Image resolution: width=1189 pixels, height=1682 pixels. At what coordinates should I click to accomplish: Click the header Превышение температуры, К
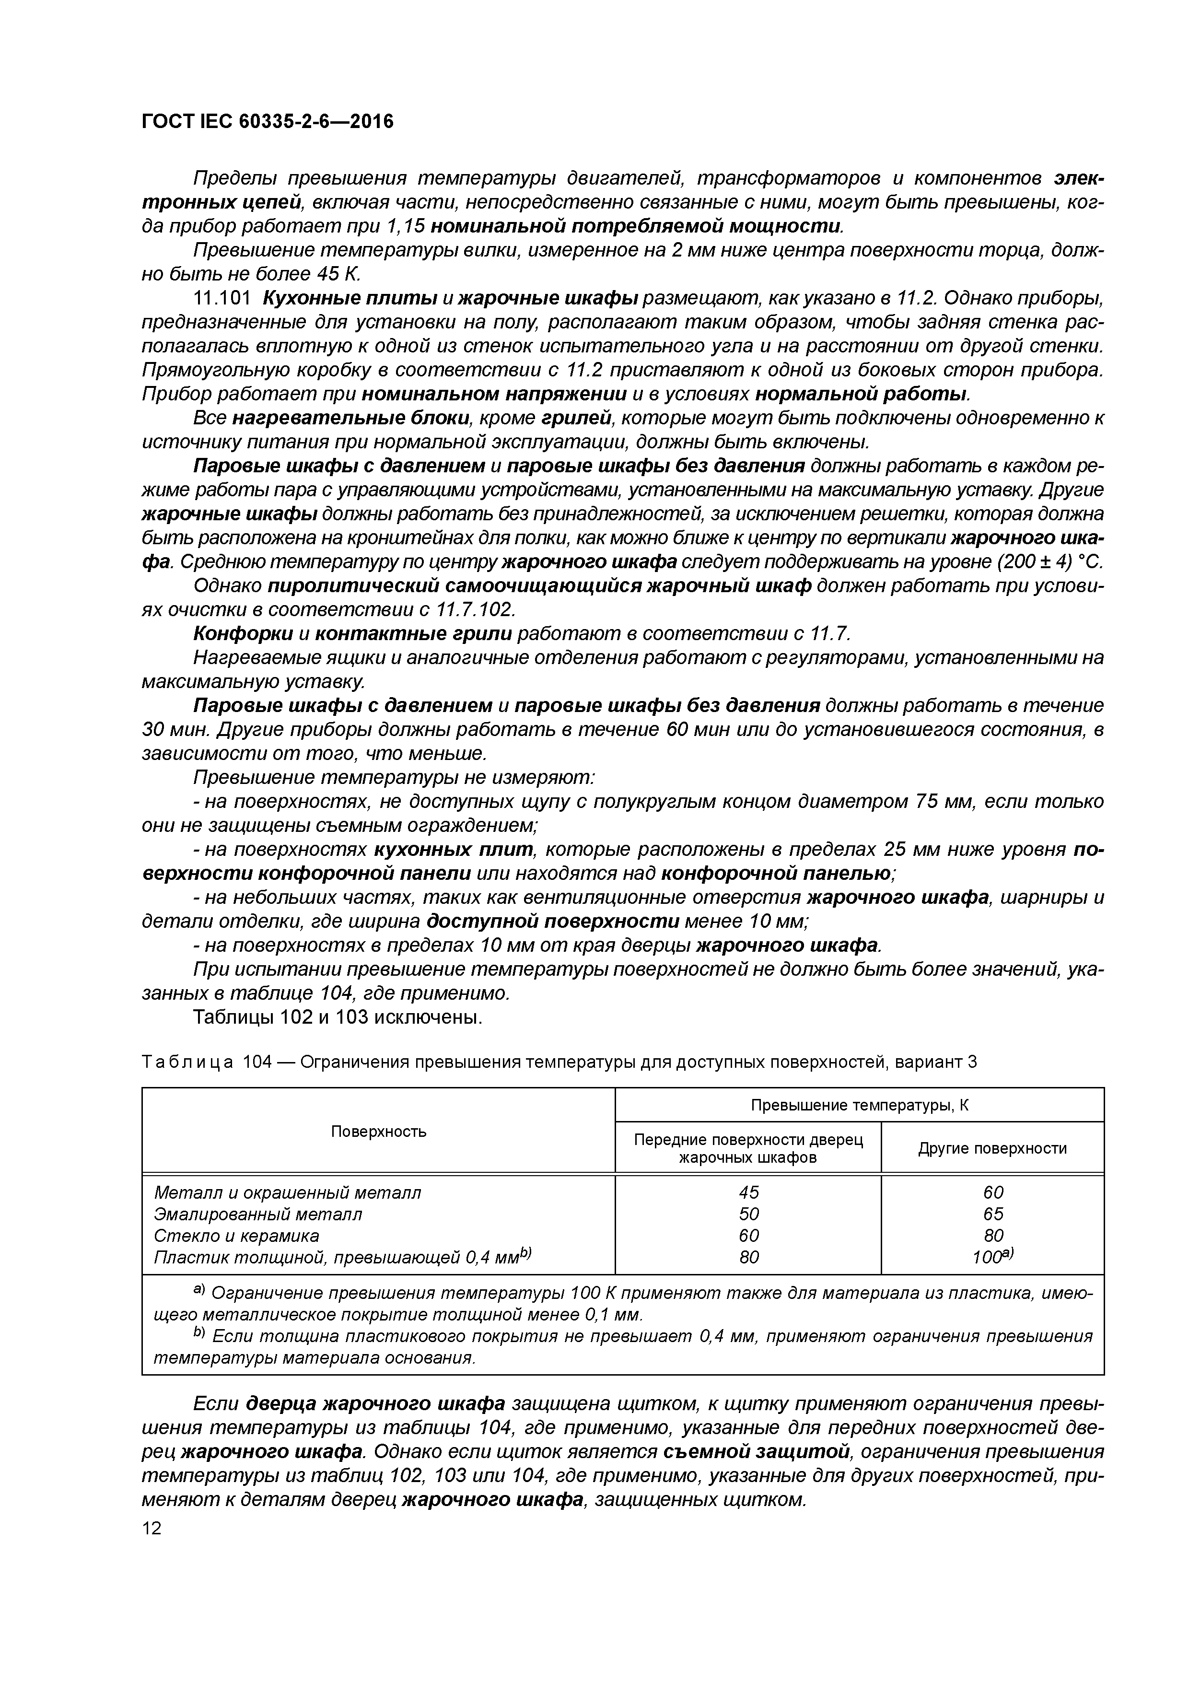pos(859,1106)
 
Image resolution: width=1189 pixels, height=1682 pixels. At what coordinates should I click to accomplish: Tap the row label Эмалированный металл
pos(258,1214)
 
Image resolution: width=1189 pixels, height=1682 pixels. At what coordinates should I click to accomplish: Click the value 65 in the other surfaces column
pos(992,1214)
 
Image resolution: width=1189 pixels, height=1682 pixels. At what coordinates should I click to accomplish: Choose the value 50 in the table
pos(749,1214)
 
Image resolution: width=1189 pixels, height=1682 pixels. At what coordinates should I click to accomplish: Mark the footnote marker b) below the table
pos(198,1333)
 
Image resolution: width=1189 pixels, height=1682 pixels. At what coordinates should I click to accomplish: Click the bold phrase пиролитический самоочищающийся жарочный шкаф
pos(539,586)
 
